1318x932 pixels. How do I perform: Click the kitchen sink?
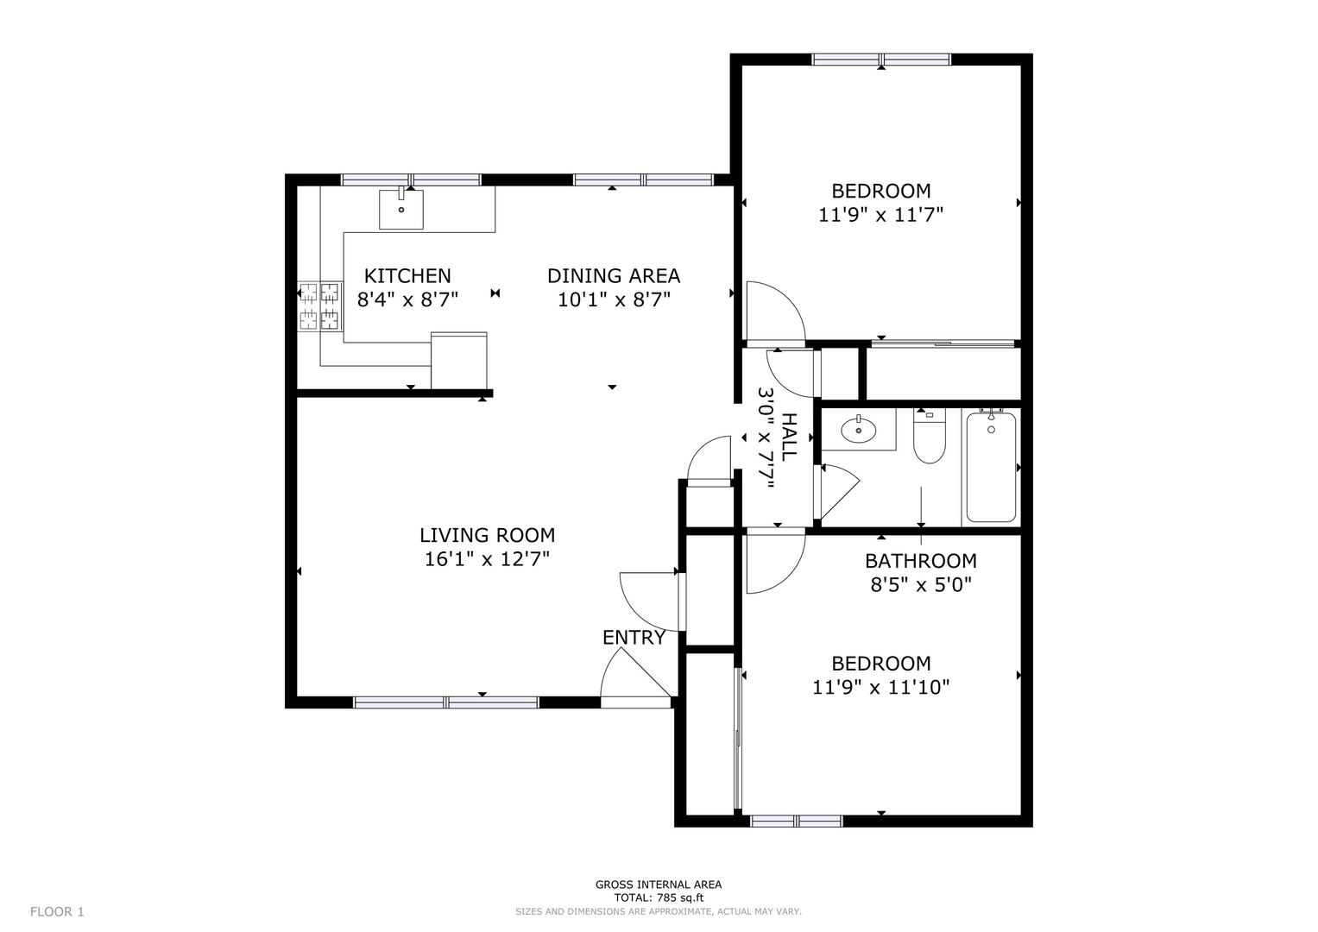401,209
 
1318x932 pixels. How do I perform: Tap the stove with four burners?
320,306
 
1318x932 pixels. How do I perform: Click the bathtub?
991,467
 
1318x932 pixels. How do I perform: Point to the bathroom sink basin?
859,430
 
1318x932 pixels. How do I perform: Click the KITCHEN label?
407,276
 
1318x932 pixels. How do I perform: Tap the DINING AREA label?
614,276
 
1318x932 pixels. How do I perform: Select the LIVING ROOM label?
487,535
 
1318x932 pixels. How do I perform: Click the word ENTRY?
634,637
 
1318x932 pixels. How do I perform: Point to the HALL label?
788,438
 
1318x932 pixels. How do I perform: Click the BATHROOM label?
921,561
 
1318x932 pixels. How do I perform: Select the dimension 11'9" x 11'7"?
880,215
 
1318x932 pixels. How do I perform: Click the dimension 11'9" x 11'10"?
880,687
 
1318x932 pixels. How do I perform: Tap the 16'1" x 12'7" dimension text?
487,558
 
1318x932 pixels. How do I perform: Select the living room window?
446,702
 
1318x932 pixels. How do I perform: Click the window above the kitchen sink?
412,180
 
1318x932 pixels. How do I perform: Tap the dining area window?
643,180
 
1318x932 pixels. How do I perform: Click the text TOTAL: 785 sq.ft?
659,897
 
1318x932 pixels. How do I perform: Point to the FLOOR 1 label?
57,912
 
